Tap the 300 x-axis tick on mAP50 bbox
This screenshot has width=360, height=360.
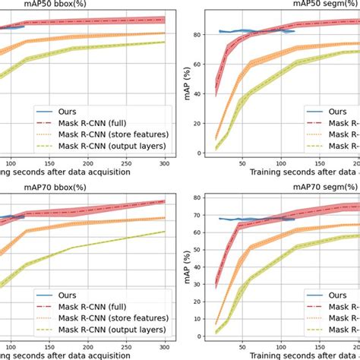pyautogui.click(x=165, y=163)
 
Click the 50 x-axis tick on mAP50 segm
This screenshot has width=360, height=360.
pyautogui.click(x=242, y=163)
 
